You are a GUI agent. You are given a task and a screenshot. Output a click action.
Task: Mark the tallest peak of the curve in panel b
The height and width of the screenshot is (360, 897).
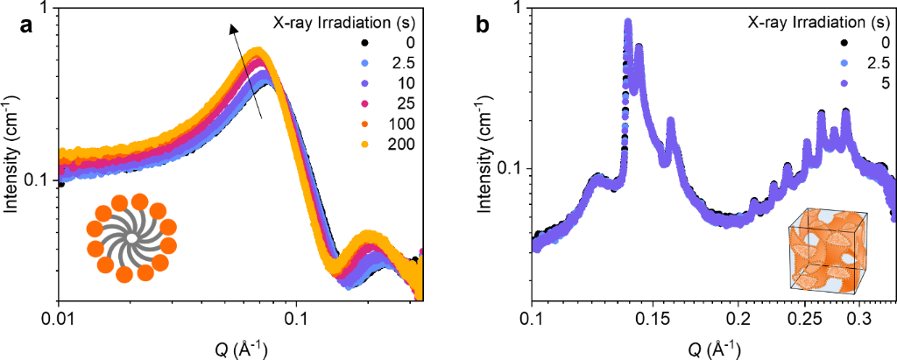point(628,22)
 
